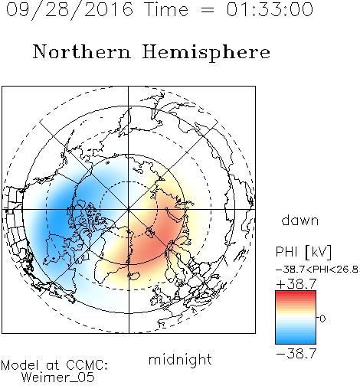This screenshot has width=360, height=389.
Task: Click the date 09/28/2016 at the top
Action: [70, 10]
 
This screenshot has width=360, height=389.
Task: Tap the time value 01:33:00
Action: [270, 9]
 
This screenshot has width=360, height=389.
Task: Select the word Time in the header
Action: [166, 9]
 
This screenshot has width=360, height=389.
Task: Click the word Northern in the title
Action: [82, 51]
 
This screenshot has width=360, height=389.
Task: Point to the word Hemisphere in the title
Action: [206, 53]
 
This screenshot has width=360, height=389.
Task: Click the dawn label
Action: [300, 220]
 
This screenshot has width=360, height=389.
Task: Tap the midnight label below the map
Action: [180, 359]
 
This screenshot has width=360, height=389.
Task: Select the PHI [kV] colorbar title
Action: [303, 252]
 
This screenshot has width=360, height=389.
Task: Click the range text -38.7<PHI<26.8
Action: [317, 270]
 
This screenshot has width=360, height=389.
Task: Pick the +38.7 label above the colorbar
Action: [296, 284]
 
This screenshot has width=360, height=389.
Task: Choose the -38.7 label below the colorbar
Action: [296, 354]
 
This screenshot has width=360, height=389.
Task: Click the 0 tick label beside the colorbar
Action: [322, 319]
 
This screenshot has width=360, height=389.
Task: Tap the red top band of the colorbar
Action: [296, 293]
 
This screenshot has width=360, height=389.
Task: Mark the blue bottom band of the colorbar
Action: [296, 341]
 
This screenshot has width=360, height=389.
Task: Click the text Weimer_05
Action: [58, 378]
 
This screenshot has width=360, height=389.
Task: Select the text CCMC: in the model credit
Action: [87, 365]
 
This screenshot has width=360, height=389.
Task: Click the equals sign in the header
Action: [207, 10]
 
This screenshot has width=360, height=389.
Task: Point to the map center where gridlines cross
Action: [129, 209]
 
